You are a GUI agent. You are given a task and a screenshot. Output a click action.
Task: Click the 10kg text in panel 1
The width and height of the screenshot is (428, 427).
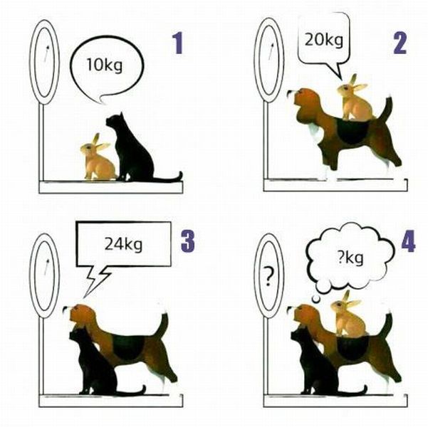point(105,65)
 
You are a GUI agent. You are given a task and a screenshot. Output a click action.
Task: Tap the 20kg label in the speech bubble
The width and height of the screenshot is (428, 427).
point(324,41)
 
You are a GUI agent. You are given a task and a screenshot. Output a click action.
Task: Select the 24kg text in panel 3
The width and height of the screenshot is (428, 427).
point(123,244)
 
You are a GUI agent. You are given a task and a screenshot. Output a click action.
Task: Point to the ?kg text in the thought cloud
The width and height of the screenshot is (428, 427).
point(350,258)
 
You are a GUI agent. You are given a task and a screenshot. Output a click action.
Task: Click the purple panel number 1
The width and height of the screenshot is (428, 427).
point(178,44)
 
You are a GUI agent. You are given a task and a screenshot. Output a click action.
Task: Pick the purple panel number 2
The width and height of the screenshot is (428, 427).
point(400,43)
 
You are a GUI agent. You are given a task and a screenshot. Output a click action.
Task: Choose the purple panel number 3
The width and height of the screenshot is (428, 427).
point(188,241)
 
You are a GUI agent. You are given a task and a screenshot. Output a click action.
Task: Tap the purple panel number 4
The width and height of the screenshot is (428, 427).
point(408,241)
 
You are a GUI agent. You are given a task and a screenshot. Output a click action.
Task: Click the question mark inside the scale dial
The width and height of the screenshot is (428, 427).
point(268,276)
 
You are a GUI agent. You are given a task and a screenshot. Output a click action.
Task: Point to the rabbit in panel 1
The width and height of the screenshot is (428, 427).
point(98,158)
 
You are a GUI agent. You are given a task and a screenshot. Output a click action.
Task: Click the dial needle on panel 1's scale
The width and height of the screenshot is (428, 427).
point(46,54)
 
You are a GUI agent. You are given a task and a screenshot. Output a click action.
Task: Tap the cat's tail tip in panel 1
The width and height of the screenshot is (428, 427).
point(180,174)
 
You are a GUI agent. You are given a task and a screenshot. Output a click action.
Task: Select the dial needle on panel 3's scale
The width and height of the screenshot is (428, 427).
point(46,267)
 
